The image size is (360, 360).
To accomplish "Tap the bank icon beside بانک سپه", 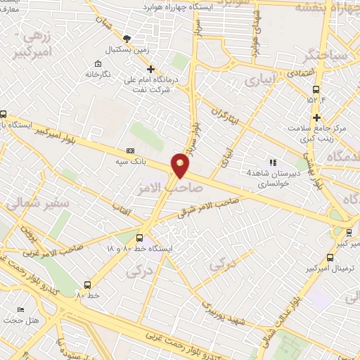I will click(x=130, y=150).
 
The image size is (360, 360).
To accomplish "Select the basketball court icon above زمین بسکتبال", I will click(x=127, y=38).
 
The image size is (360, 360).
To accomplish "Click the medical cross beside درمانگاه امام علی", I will click(x=150, y=69).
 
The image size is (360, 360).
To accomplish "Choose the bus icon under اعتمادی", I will click(x=316, y=90).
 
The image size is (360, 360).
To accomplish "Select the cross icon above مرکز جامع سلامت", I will click(x=317, y=117).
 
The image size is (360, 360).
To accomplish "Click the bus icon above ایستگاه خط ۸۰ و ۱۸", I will click(x=140, y=238).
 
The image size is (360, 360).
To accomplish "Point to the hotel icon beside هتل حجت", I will click(x=20, y=310).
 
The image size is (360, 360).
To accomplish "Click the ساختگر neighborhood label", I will click(x=321, y=53).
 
